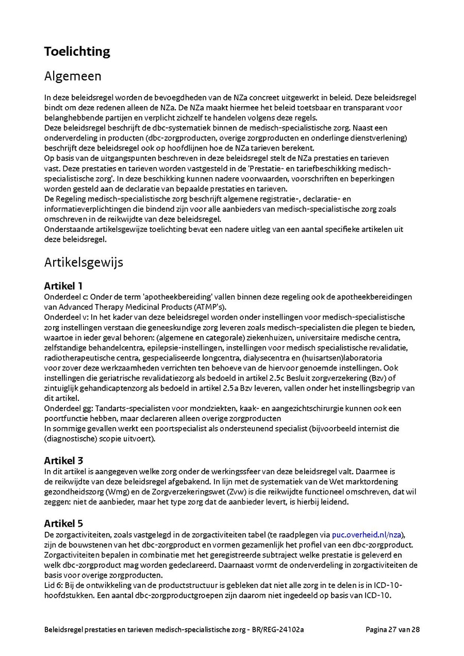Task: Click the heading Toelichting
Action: (77, 52)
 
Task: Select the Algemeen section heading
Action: (73, 76)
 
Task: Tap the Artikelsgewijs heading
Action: (84, 262)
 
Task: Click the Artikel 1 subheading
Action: (63, 286)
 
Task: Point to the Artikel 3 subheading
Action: (63, 461)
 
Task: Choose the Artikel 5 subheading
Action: (63, 524)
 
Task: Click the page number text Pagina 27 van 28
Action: (393, 630)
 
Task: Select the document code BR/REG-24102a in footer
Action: (279, 630)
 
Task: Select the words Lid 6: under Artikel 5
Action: (54, 586)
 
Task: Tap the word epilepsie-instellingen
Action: (187, 347)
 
